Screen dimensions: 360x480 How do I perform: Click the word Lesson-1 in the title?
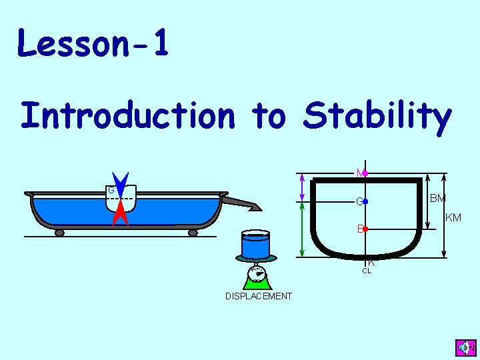point(93,43)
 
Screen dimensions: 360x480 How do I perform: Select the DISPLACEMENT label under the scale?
point(259,296)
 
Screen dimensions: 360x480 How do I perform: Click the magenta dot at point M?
point(365,173)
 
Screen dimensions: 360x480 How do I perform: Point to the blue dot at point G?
point(365,201)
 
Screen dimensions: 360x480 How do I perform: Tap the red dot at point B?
point(365,229)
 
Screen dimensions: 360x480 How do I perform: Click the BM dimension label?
point(437,199)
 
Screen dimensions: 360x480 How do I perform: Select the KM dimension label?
point(453,217)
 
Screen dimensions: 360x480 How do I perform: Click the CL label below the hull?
point(367,271)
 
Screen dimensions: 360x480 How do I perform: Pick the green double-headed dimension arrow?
point(303,230)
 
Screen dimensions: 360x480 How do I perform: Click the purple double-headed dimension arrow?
point(303,189)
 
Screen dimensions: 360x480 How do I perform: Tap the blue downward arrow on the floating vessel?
point(120,185)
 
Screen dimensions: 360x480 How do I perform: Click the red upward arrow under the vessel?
point(120,214)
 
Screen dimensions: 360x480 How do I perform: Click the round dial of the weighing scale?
point(257,273)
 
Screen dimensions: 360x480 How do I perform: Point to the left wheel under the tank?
point(59,233)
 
